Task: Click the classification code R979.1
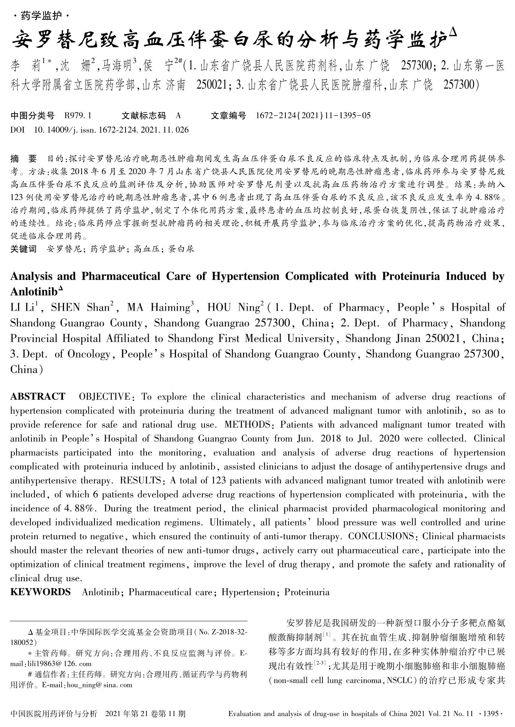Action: pyautogui.click(x=78, y=115)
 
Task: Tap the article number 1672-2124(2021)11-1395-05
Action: pyautogui.click(x=313, y=115)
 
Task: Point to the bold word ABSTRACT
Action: pyautogui.click(x=37, y=396)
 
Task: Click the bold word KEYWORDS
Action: pyautogui.click(x=40, y=592)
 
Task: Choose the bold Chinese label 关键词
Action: pyautogui.click(x=23, y=249)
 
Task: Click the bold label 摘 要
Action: pyautogui.click(x=23, y=159)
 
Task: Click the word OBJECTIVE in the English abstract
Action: pyautogui.click(x=104, y=396)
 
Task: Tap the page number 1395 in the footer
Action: pyautogui.click(x=491, y=714)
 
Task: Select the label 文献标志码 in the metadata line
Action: pyautogui.click(x=143, y=115)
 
